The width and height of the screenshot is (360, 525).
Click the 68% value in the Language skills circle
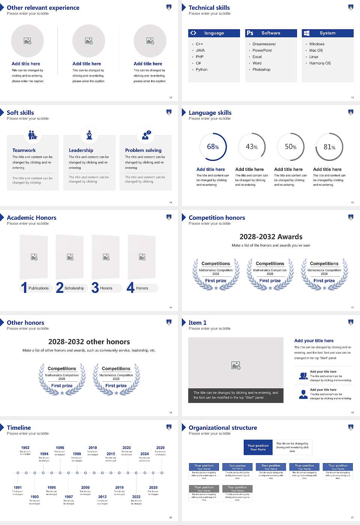coord(213,147)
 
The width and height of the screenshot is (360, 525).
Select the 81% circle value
coord(329,147)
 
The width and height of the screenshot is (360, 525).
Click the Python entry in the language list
coord(201,70)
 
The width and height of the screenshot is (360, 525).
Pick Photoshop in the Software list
coord(261,70)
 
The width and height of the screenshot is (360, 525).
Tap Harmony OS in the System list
coord(320,63)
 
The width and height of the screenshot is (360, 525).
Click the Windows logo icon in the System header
coord(307,33)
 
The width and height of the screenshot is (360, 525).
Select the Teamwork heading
coord(24,150)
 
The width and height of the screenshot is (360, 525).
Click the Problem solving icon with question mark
coord(146,135)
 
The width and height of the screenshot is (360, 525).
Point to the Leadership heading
coord(81,150)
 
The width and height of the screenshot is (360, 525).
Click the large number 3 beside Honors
coord(95,288)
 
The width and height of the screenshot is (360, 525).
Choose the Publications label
coord(39,288)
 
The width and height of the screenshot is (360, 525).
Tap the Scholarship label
coord(74,288)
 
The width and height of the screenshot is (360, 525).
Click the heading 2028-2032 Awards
coord(271,237)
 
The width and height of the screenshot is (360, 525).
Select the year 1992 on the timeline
coord(25,448)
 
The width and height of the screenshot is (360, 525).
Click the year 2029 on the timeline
coord(160,448)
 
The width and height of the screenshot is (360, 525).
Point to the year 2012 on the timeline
coord(102,497)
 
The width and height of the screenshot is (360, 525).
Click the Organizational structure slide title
coord(223,427)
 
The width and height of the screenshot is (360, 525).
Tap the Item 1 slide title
coord(197,322)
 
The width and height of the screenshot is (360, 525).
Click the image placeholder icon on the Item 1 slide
coord(236,365)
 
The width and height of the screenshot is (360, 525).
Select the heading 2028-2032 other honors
coord(89,342)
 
